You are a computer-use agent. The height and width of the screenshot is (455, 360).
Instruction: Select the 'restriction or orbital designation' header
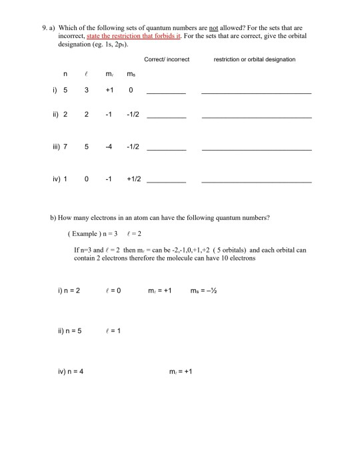254,59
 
